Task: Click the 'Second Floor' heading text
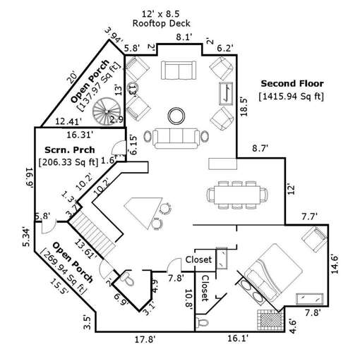click(291, 82)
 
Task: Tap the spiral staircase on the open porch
click(111, 111)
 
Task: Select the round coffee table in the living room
click(174, 114)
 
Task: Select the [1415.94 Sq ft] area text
click(291, 94)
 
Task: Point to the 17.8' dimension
click(145, 339)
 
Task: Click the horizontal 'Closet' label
click(198, 260)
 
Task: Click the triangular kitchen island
click(143, 209)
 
